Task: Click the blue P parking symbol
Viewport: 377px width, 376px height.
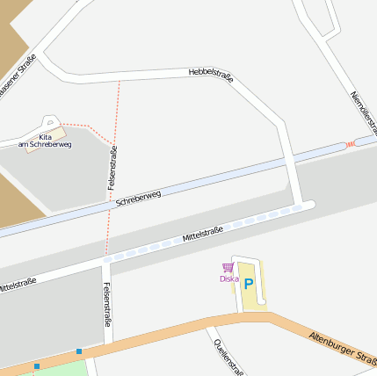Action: click(x=249, y=284)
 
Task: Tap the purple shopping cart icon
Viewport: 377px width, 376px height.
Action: click(x=228, y=267)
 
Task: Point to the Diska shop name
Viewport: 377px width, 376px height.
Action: click(x=228, y=278)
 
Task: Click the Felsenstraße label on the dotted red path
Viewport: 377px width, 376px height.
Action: click(x=112, y=168)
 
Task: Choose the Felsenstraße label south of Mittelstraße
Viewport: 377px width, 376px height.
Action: click(x=107, y=304)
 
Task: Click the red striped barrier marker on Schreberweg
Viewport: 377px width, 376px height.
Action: click(x=351, y=143)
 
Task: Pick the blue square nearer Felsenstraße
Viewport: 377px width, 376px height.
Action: click(x=79, y=351)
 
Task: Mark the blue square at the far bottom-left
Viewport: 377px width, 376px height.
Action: click(x=37, y=365)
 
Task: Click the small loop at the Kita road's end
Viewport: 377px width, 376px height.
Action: click(x=50, y=121)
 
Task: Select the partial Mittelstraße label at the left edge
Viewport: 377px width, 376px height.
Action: click(x=17, y=285)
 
